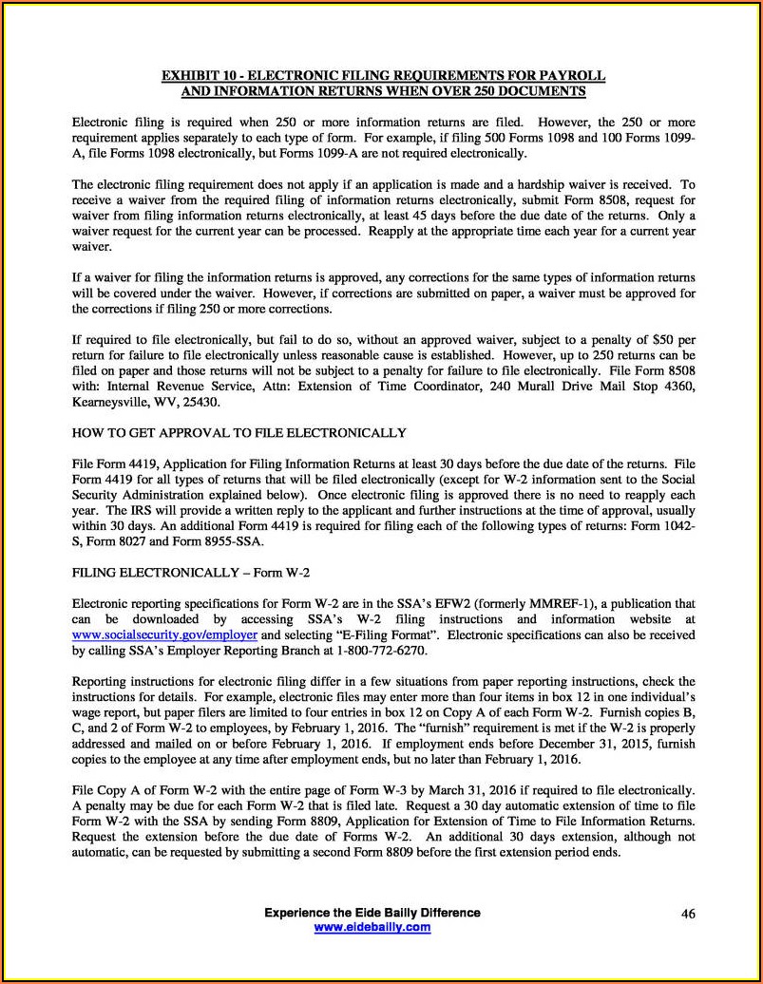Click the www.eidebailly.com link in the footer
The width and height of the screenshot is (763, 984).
coord(372,927)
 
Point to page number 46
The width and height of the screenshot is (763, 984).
coord(689,914)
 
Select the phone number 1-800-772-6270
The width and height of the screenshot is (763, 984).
coord(377,652)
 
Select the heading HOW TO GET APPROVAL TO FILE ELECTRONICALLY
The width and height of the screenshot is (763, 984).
coord(238,433)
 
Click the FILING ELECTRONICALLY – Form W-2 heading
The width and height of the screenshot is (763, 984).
coord(191,573)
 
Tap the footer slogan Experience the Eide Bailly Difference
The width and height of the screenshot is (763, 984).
coord(372,913)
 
